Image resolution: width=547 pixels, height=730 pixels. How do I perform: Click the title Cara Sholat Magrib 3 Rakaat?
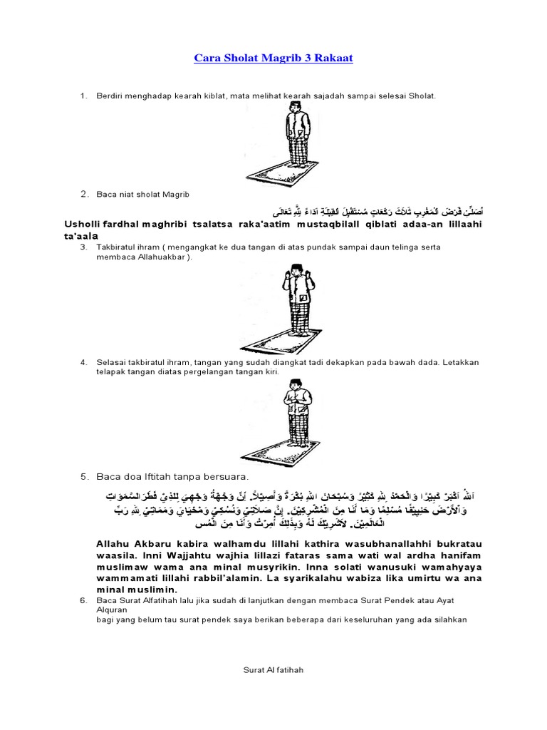(273, 58)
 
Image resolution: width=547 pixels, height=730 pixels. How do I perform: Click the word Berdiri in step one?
(108, 95)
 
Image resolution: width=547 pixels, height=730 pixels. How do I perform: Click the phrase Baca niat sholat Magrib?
(143, 194)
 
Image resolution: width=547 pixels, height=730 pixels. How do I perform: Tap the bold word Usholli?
(83, 225)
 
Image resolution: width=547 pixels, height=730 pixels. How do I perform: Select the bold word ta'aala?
(81, 235)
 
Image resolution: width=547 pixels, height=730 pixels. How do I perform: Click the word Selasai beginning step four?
(112, 362)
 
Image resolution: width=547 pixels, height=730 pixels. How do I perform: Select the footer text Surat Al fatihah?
(273, 670)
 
